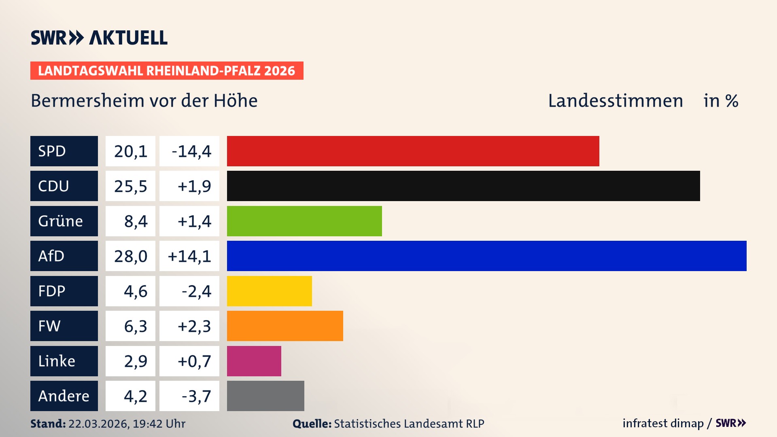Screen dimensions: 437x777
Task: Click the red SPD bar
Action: [413, 151]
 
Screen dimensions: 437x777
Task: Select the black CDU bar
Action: [463, 186]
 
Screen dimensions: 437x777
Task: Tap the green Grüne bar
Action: [304, 221]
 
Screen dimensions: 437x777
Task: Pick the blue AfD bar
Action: [486, 256]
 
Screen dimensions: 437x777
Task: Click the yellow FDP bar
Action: [269, 291]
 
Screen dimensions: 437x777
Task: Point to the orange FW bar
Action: [285, 326]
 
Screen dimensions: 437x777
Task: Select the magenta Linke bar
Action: [254, 361]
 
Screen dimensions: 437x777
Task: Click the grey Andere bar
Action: [265, 396]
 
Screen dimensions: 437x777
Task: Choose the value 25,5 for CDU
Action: [130, 186]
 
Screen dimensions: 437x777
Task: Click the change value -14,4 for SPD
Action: [191, 151]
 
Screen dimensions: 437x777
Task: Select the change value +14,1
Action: [189, 256]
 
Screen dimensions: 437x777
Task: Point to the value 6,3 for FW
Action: [135, 326]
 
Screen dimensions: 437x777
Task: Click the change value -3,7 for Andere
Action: [196, 396]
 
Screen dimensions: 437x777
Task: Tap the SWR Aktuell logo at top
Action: [99, 38]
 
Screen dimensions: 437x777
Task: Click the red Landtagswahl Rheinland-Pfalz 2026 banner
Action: [167, 71]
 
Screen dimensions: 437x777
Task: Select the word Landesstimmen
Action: [615, 101]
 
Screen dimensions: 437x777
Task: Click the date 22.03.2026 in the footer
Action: [98, 424]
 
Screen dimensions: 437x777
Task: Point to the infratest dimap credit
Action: [663, 423]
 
